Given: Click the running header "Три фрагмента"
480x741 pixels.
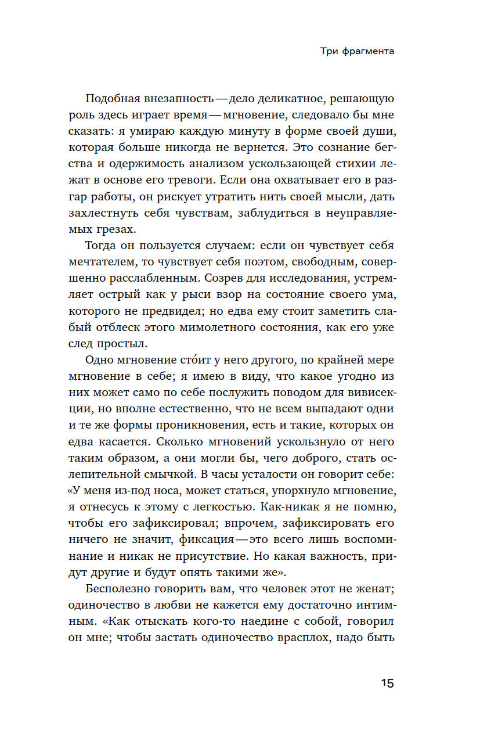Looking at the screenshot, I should (357, 51).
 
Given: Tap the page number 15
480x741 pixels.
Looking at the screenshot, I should (387, 683).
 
